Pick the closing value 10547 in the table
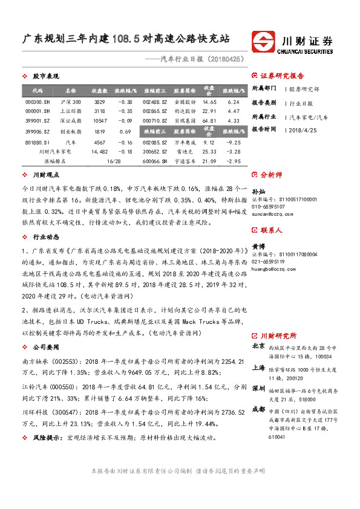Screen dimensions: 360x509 100,121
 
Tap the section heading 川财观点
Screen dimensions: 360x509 45,174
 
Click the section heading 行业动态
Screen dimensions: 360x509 45,238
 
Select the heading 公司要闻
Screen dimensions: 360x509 45,348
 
